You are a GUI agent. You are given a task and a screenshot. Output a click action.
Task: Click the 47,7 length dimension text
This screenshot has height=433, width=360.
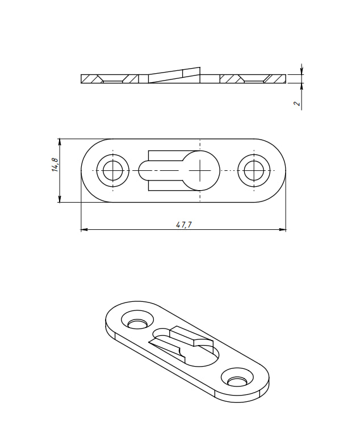[183, 225]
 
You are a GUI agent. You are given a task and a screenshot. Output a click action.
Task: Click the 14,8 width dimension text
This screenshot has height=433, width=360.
[55, 165]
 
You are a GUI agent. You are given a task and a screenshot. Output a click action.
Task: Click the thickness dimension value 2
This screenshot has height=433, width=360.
[296, 104]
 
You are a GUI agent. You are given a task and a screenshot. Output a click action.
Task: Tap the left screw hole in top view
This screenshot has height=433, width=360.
[112, 170]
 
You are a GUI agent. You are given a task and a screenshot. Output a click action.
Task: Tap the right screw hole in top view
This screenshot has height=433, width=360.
[253, 170]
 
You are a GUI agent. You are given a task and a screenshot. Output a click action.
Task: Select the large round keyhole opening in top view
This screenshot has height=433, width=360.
[200, 170]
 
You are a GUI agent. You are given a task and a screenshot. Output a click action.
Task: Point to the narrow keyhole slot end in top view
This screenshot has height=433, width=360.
[145, 170]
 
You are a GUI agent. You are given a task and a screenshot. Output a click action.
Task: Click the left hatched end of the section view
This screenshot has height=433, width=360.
[90, 78]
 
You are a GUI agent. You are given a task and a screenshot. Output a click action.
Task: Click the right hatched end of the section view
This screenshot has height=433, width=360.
[277, 78]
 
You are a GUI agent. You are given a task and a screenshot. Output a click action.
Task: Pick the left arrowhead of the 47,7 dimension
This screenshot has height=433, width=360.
[84, 229]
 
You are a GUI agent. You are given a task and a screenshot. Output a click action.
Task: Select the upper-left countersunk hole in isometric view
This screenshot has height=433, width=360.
[136, 321]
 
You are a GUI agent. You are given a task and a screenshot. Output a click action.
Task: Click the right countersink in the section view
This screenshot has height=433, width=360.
[253, 79]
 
